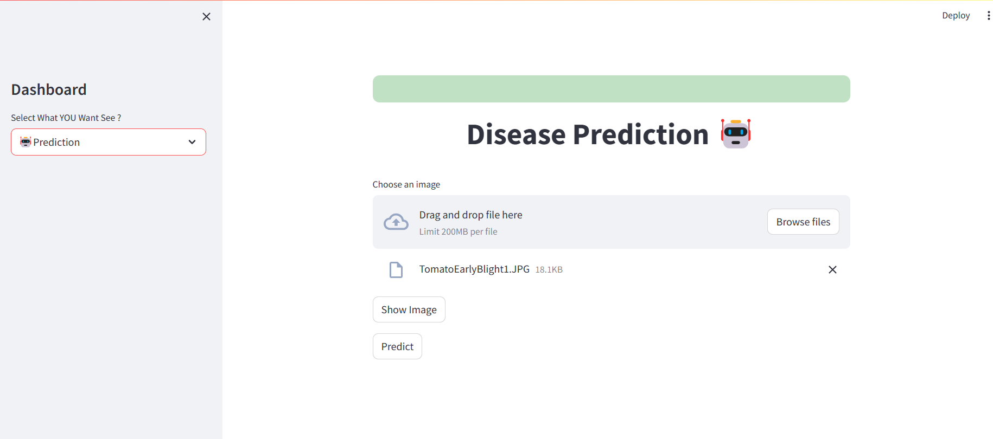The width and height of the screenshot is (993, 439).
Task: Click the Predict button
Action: (x=397, y=346)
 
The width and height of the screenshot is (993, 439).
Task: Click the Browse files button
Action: (x=803, y=222)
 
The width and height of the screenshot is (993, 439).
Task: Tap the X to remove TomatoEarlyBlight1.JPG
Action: (x=832, y=269)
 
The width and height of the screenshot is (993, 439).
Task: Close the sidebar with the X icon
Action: (x=206, y=17)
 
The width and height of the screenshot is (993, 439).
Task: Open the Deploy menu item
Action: (x=956, y=16)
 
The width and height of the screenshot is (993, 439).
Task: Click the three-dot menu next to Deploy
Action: (x=988, y=16)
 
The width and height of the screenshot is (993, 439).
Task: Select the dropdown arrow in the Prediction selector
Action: (x=192, y=142)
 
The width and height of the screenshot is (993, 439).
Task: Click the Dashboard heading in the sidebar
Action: (x=49, y=89)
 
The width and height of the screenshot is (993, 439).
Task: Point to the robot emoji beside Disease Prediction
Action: (x=736, y=133)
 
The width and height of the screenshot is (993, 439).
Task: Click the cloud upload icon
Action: (x=396, y=222)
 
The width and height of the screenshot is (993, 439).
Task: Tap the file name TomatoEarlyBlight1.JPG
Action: (x=474, y=269)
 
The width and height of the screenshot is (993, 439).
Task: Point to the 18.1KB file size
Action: (x=549, y=270)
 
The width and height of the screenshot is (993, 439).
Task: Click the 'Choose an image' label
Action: (x=406, y=185)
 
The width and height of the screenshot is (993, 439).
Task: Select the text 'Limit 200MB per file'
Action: (x=458, y=232)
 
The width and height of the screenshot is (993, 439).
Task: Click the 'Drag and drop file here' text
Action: (x=470, y=215)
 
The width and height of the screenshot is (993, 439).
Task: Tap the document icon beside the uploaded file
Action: (x=396, y=269)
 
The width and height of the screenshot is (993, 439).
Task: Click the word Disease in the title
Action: (x=516, y=134)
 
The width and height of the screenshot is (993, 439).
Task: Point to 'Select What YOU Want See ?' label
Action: (x=66, y=118)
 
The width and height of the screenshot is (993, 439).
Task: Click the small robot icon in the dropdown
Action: (x=26, y=142)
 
